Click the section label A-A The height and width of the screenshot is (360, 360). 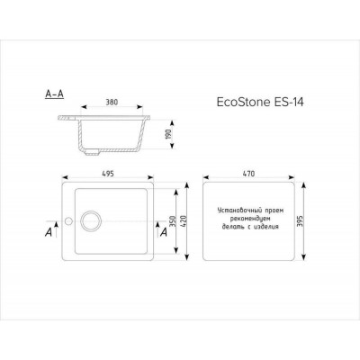53,93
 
